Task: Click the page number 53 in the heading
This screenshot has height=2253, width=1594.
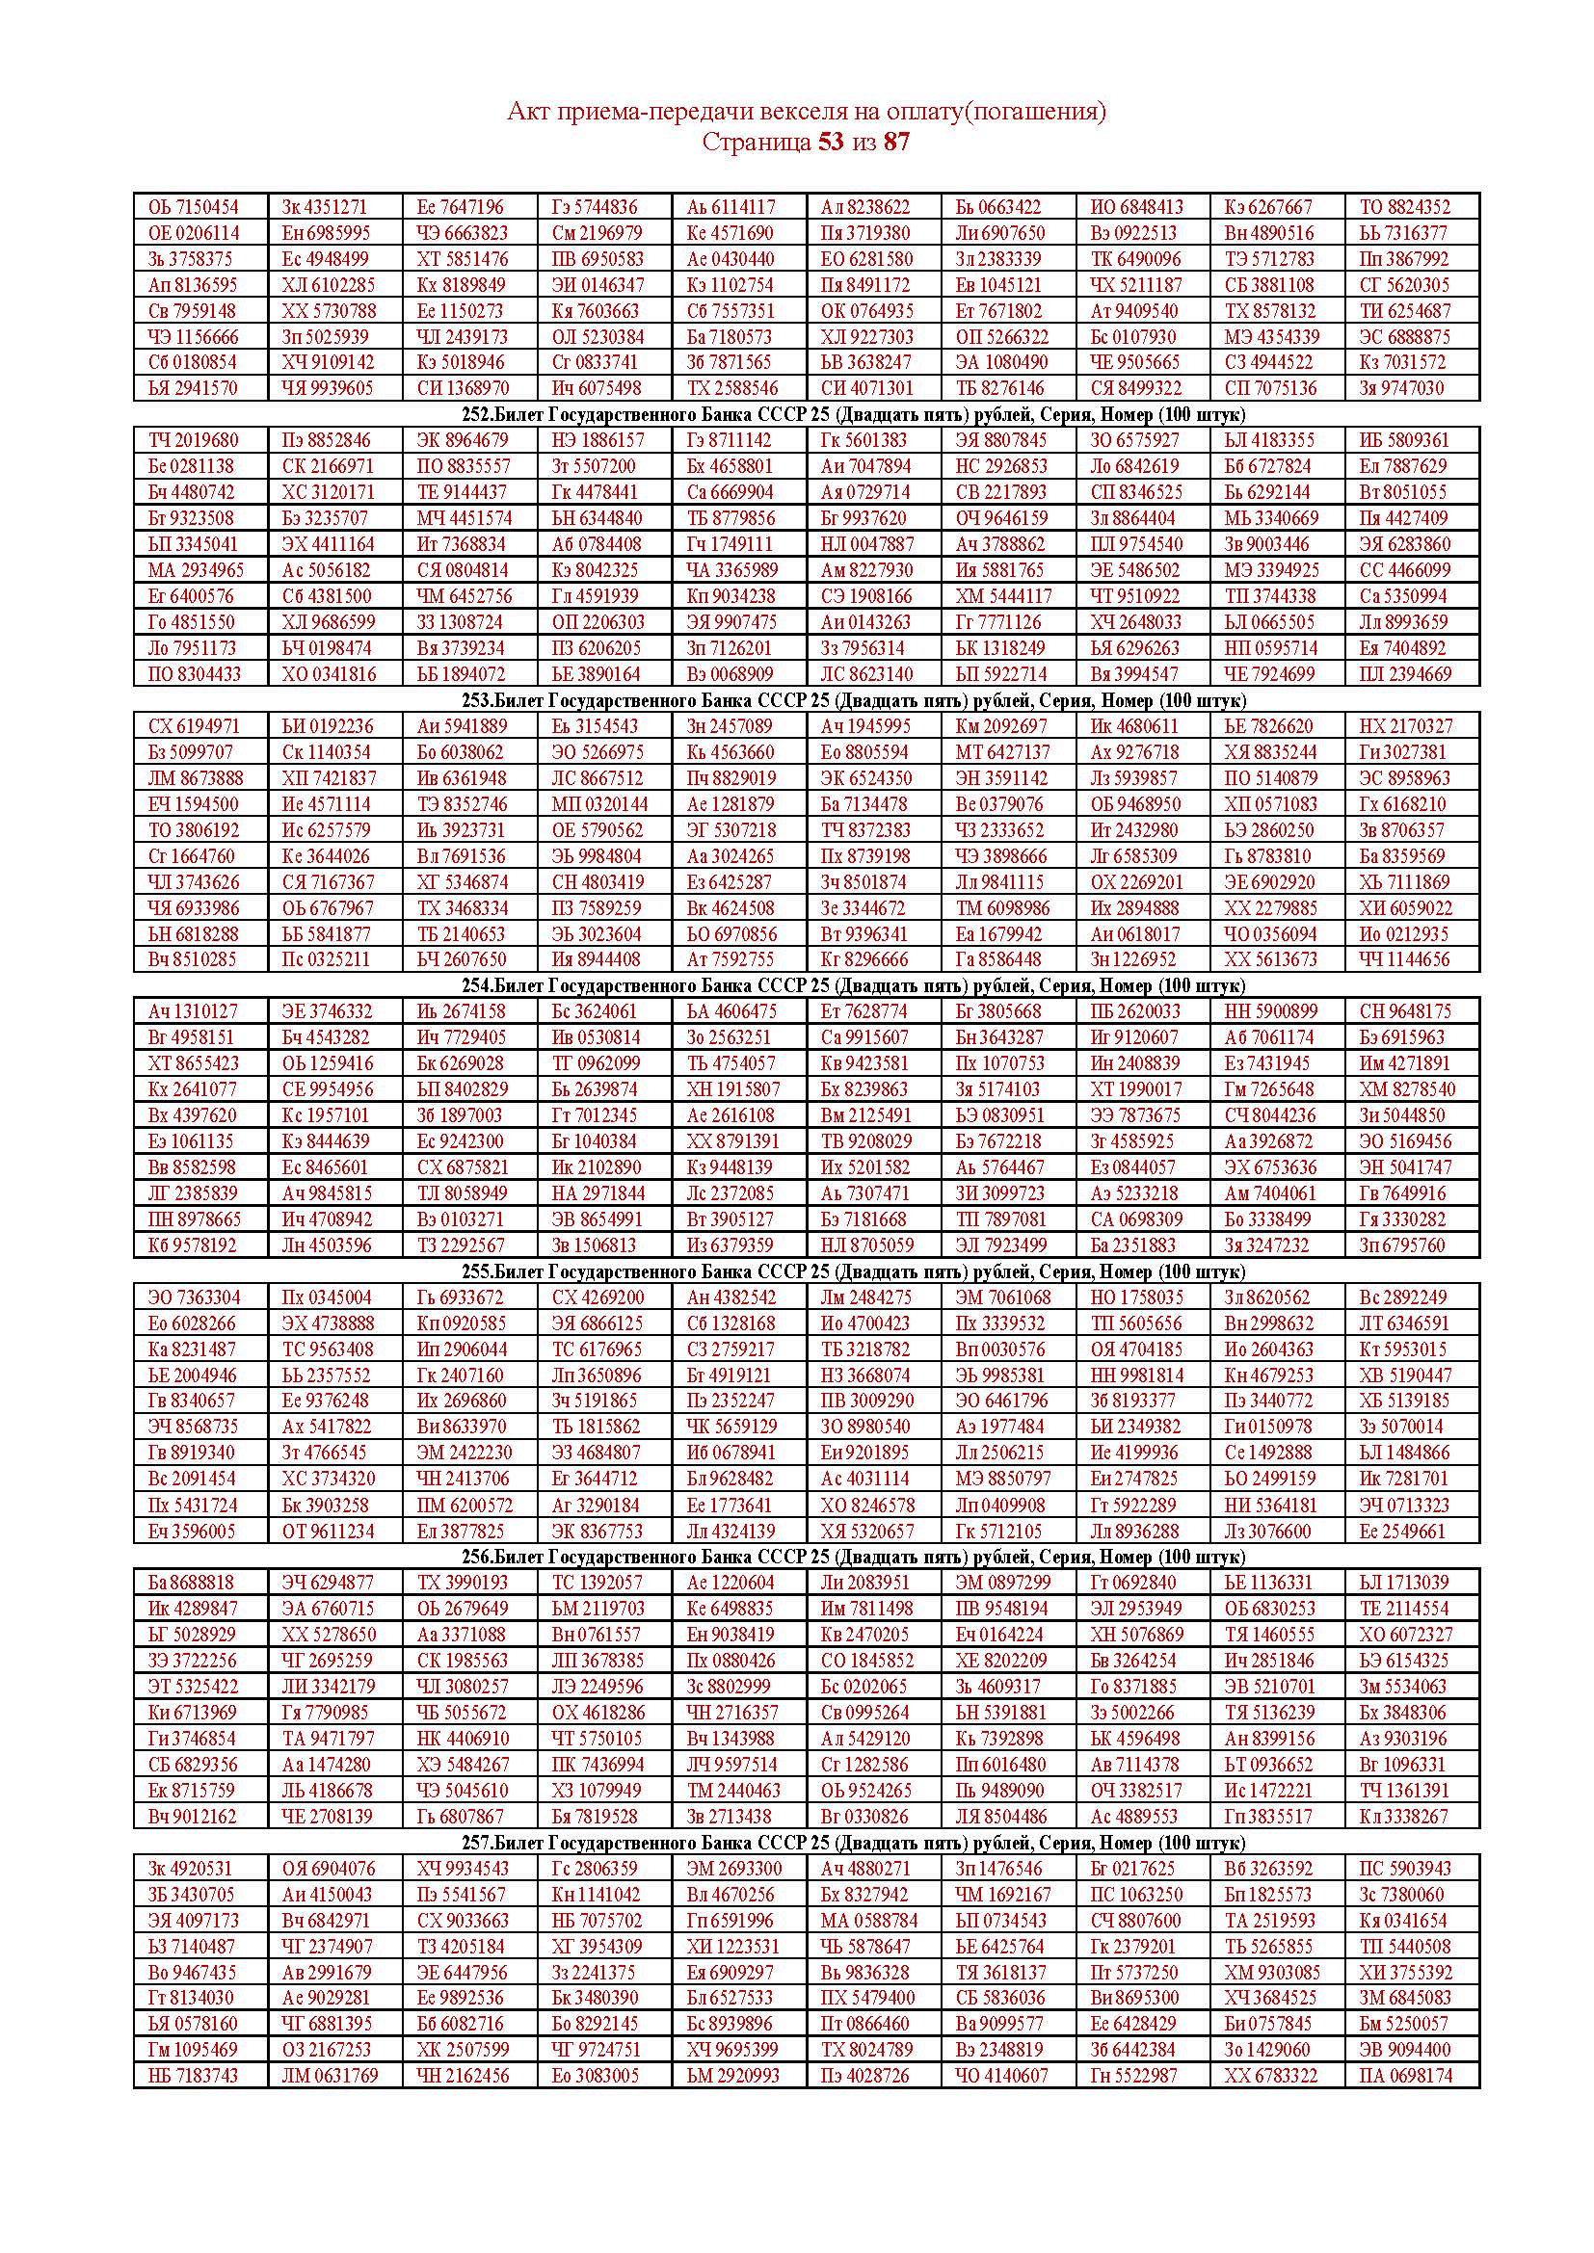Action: (x=830, y=143)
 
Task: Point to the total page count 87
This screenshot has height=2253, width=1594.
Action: (x=896, y=143)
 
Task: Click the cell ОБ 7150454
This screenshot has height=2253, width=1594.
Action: (x=194, y=207)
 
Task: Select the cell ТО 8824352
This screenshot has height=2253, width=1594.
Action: (x=1403, y=207)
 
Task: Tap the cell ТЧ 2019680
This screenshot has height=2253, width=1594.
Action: (x=194, y=440)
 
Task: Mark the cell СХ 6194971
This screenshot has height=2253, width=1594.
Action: (x=194, y=726)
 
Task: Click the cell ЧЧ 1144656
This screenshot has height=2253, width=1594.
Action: (x=1403, y=959)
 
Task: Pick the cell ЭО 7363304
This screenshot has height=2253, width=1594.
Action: (x=194, y=1297)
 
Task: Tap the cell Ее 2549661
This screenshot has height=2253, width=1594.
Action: (x=1402, y=1531)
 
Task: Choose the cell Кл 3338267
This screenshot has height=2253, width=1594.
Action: (x=1403, y=1817)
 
